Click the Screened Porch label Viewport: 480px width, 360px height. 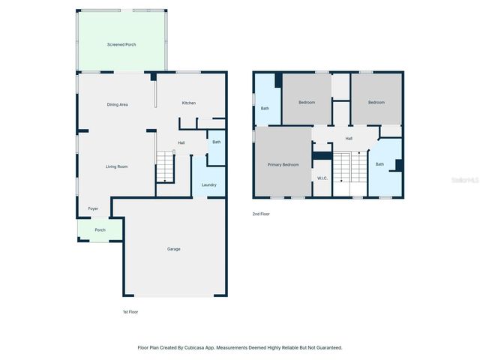pos(121,44)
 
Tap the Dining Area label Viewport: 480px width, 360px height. pos(117,104)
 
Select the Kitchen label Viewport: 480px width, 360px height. pos(189,103)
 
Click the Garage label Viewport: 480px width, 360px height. pos(173,249)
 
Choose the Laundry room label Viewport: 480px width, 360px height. pos(209,184)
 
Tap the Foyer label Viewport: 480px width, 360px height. pos(93,208)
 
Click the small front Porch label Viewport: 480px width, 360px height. pos(100,229)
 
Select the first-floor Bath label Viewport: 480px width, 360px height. pos(216,142)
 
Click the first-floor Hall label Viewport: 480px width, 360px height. pos(181,142)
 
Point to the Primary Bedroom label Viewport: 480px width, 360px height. pos(283,164)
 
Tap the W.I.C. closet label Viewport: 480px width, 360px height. pos(322,178)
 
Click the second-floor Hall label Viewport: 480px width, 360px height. pos(349,138)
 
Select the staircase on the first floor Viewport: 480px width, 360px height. pos(165,166)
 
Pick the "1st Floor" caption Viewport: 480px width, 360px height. pos(130,311)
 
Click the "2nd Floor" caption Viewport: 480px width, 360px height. pos(260,214)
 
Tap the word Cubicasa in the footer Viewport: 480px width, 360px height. pos(200,347)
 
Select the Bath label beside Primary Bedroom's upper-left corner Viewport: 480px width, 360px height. pos(265,109)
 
